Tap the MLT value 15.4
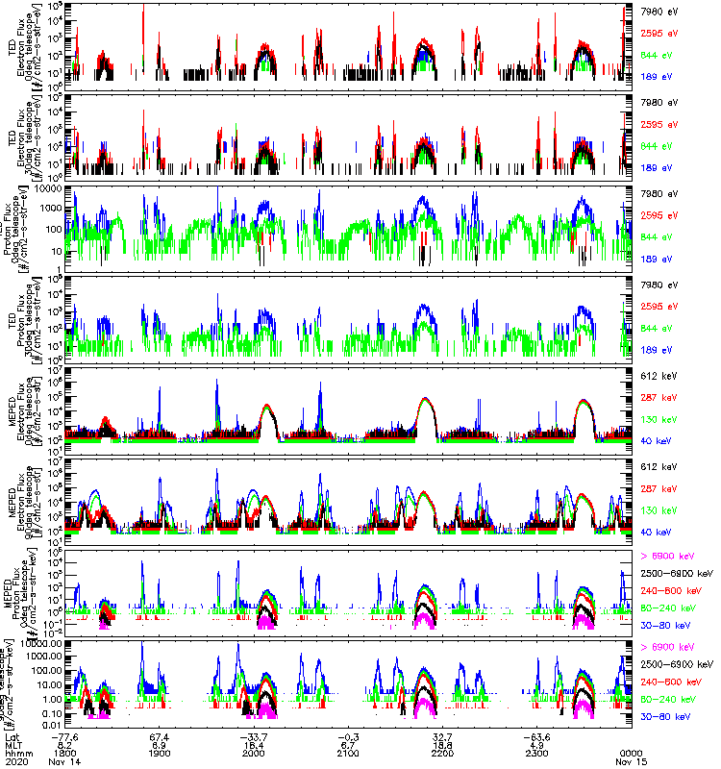pos(256,743)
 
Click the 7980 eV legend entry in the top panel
pos(661,12)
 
